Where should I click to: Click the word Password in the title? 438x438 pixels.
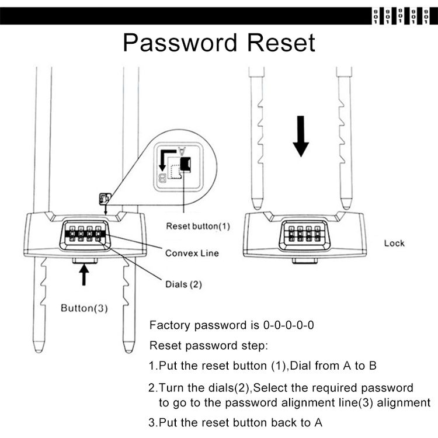(x=180, y=43)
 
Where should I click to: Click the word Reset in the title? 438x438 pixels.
(x=281, y=43)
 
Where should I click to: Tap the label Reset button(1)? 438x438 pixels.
(x=198, y=226)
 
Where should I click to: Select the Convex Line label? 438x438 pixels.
(x=192, y=253)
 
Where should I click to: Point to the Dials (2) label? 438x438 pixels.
(x=183, y=284)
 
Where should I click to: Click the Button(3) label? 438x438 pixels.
(x=84, y=308)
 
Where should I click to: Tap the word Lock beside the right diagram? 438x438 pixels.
(x=394, y=244)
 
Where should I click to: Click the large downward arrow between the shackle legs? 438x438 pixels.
(x=301, y=136)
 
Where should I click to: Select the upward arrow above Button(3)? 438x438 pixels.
(x=84, y=274)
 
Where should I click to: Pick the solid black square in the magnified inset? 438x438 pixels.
(x=186, y=164)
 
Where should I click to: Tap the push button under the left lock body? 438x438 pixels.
(x=85, y=260)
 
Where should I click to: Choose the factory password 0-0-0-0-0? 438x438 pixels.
(x=288, y=325)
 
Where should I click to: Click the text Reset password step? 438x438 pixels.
(x=208, y=346)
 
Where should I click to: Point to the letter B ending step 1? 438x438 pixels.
(x=373, y=366)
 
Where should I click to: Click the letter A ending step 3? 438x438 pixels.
(x=318, y=423)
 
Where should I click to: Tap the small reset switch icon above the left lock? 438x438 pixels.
(x=105, y=199)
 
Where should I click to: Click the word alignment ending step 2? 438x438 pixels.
(x=404, y=403)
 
